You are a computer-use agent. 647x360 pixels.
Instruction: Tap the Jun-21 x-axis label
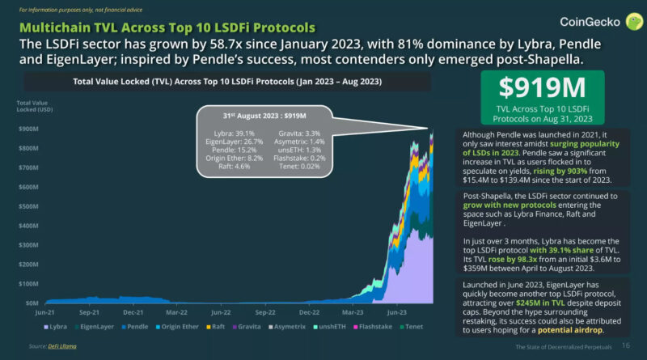45,310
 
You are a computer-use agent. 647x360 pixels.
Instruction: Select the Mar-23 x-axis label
353,310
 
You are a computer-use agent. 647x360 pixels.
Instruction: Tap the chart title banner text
228,82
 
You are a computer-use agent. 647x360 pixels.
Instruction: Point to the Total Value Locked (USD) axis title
32,106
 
